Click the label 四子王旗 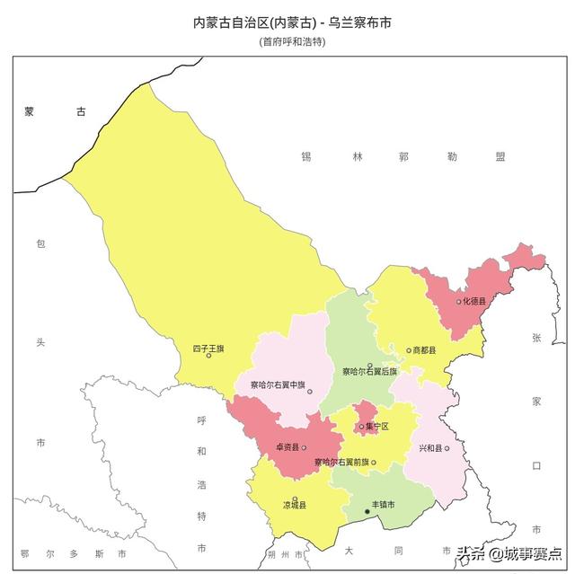[x=208, y=348]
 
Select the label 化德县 [x=474, y=302]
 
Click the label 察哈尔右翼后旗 [x=370, y=372]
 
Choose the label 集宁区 [x=377, y=427]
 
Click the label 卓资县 [x=287, y=447]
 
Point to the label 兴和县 [x=429, y=448]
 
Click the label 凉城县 [x=295, y=506]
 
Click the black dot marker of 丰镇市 [x=366, y=512]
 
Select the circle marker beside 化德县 [x=458, y=302]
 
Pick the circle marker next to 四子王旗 [x=208, y=356]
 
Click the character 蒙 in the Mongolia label [x=30, y=112]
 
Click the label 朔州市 [x=290, y=553]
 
